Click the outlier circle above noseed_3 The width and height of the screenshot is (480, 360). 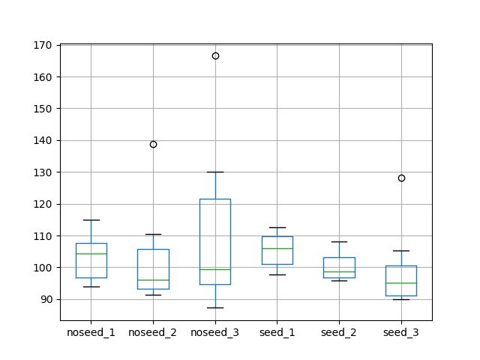click(x=215, y=55)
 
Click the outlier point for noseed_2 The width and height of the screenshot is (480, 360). click(x=153, y=144)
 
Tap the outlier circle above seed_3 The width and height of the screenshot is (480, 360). click(x=401, y=178)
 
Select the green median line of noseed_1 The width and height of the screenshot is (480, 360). click(x=91, y=253)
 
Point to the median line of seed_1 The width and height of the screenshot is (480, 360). click(x=277, y=248)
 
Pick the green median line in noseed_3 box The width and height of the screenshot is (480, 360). click(x=215, y=269)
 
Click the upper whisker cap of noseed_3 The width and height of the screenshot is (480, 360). click(x=215, y=172)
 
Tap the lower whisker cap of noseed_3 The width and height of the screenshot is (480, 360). click(x=215, y=307)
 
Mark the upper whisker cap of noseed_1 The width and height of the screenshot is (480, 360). click(x=91, y=220)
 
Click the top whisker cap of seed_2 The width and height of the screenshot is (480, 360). click(x=339, y=241)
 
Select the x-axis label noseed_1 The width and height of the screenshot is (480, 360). click(x=91, y=332)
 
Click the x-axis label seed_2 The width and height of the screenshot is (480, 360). click(x=339, y=332)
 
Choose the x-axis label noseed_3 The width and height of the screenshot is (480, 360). click(x=215, y=332)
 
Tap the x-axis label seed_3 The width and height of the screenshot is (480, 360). click(x=401, y=332)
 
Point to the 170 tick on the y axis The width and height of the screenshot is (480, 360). click(x=44, y=45)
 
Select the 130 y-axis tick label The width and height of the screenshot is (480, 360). click(x=44, y=172)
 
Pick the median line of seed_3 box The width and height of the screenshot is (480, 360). click(x=401, y=283)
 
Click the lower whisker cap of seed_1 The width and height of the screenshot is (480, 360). click(x=277, y=274)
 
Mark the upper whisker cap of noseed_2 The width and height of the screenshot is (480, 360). click(x=153, y=234)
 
